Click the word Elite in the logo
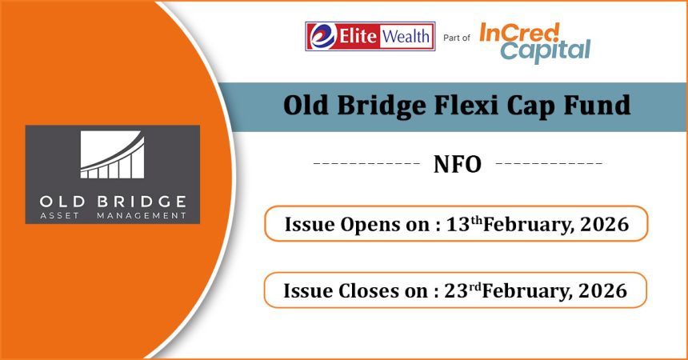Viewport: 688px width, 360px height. tap(358, 36)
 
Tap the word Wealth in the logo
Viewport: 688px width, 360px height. tap(406, 36)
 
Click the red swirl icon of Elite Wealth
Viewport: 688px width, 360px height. tap(322, 36)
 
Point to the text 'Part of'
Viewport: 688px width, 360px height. tap(456, 38)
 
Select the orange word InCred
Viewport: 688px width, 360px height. tap(519, 33)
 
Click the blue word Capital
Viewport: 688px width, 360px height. tap(546, 51)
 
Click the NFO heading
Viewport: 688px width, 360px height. tap(458, 164)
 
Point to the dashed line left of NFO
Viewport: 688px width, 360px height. tap(367, 163)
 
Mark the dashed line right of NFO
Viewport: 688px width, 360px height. tap(549, 163)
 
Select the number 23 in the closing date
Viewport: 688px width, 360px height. tap(456, 290)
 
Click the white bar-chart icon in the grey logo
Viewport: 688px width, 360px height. tap(112, 154)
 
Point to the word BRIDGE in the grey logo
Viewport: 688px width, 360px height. tap(142, 202)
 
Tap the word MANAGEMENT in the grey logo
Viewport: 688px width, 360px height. tap(142, 215)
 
